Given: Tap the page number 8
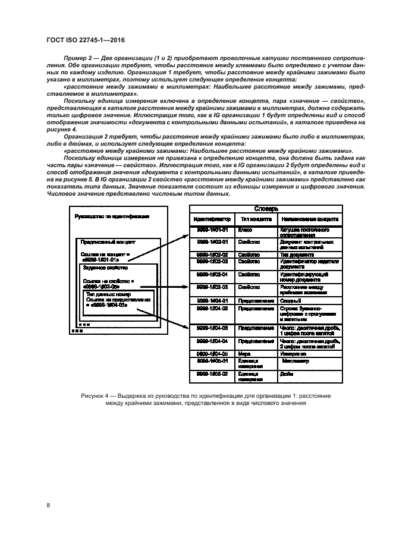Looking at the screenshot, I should pos(47,505).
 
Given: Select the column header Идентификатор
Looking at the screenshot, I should pos(212,219).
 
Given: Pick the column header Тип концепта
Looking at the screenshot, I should pos(256,219).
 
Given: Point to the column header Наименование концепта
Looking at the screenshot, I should pos(310,219).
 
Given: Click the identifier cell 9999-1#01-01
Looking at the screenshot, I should pos(212,230).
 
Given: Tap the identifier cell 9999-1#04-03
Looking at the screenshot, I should pos(212,327).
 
